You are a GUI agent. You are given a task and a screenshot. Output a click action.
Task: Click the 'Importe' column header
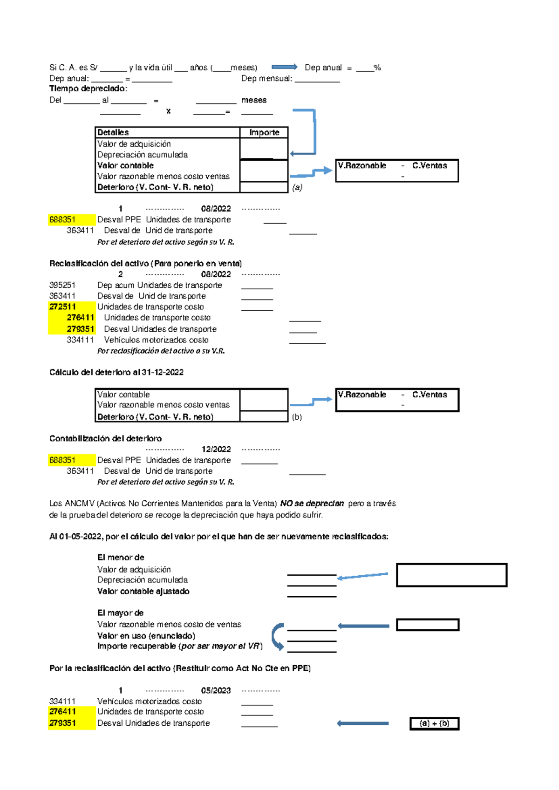pyautogui.click(x=264, y=132)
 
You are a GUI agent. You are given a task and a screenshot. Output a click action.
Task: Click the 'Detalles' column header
pyautogui.click(x=113, y=132)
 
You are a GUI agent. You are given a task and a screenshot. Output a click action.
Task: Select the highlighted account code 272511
pyautogui.click(x=62, y=306)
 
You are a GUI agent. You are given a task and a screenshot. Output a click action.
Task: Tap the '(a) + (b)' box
pyautogui.click(x=434, y=723)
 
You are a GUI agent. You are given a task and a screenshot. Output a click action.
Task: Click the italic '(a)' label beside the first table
pyautogui.click(x=297, y=187)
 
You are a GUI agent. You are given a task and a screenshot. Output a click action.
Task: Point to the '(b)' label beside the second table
pyautogui.click(x=297, y=417)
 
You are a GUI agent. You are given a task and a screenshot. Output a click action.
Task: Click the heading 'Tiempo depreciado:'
pyautogui.click(x=89, y=89)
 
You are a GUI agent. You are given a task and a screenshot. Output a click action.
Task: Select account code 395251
pyautogui.click(x=62, y=285)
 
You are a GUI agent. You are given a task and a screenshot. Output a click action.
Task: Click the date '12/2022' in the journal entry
pyautogui.click(x=216, y=449)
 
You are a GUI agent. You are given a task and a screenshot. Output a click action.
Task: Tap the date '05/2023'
pyautogui.click(x=216, y=690)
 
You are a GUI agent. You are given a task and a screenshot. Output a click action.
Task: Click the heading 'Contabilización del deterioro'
pyautogui.click(x=106, y=438)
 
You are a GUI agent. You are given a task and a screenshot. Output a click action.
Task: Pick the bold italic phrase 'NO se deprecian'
pyautogui.click(x=312, y=504)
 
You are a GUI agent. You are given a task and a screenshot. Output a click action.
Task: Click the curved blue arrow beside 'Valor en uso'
pyautogui.click(x=278, y=636)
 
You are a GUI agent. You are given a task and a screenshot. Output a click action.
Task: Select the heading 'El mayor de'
pyautogui.click(x=120, y=613)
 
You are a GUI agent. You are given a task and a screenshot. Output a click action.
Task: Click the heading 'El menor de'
pyautogui.click(x=121, y=558)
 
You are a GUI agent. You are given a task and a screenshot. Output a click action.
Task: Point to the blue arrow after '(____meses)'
pyautogui.click(x=284, y=67)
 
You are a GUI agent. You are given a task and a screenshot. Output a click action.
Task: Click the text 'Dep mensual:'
pyautogui.click(x=267, y=78)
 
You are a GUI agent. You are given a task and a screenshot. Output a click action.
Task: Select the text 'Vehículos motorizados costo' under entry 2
pyautogui.click(x=156, y=340)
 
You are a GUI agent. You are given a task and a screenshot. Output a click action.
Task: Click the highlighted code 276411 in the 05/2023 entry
pyautogui.click(x=62, y=712)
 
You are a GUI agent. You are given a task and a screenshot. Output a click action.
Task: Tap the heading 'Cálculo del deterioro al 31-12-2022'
pyautogui.click(x=116, y=372)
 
